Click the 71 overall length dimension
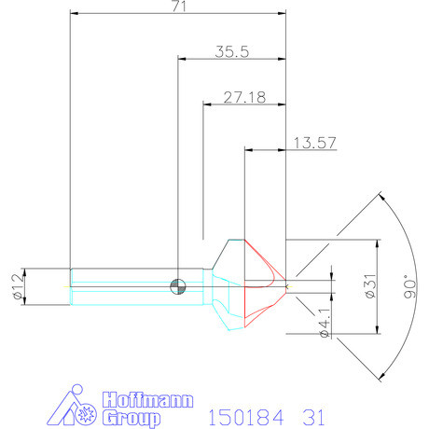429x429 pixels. pyautogui.click(x=178, y=7)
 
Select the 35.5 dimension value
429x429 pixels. pyautogui.click(x=231, y=52)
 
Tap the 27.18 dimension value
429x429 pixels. pyautogui.click(x=242, y=96)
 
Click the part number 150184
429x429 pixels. pyautogui.click(x=243, y=413)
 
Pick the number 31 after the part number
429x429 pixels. pyautogui.click(x=313, y=413)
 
